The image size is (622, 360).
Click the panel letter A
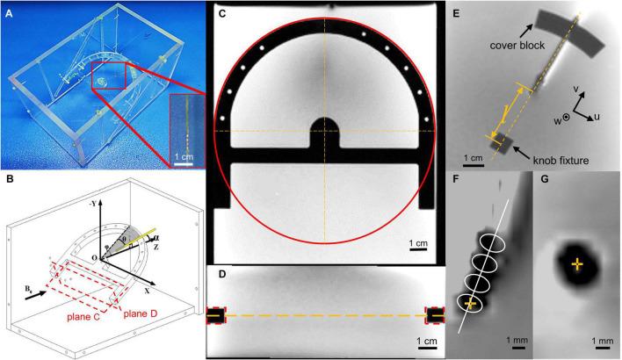pos(9,13)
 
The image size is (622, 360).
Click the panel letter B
pos(9,179)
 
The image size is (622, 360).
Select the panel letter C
pos(222,13)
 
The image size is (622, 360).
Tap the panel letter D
pos(222,274)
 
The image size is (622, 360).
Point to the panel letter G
pos(545,180)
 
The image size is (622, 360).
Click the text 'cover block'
pos(517,46)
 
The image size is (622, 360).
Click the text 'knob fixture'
pos(561,161)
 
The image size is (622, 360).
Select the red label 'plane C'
pos(83,318)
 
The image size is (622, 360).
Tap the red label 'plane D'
pos(141,314)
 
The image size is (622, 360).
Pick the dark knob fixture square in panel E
pos(502,143)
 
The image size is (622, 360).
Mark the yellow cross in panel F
pos(471,304)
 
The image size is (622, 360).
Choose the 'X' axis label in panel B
pos(148,291)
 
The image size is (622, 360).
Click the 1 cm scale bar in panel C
pos(418,250)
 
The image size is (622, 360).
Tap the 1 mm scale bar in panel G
pos(602,348)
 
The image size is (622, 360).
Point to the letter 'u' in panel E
pos(597,117)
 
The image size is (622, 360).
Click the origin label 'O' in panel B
pos(94,258)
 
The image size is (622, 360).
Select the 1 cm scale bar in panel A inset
pos(184,163)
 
